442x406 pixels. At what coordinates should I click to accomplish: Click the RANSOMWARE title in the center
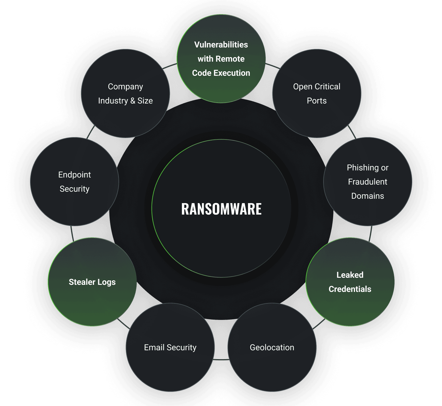221,209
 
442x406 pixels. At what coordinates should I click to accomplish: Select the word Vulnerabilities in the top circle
221,45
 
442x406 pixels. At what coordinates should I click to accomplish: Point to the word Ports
317,101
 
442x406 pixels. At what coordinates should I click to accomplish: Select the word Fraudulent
368,182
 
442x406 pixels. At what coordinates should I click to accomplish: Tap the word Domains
368,196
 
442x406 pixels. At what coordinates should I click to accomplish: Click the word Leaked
350,275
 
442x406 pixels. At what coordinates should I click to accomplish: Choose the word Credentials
350,289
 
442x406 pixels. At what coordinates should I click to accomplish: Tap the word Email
154,347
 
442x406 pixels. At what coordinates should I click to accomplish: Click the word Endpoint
75,175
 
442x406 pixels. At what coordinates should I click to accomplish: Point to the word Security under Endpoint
75,189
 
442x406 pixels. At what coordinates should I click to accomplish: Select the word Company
125,87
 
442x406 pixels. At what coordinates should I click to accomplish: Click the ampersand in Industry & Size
133,101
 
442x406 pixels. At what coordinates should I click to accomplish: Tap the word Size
145,101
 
